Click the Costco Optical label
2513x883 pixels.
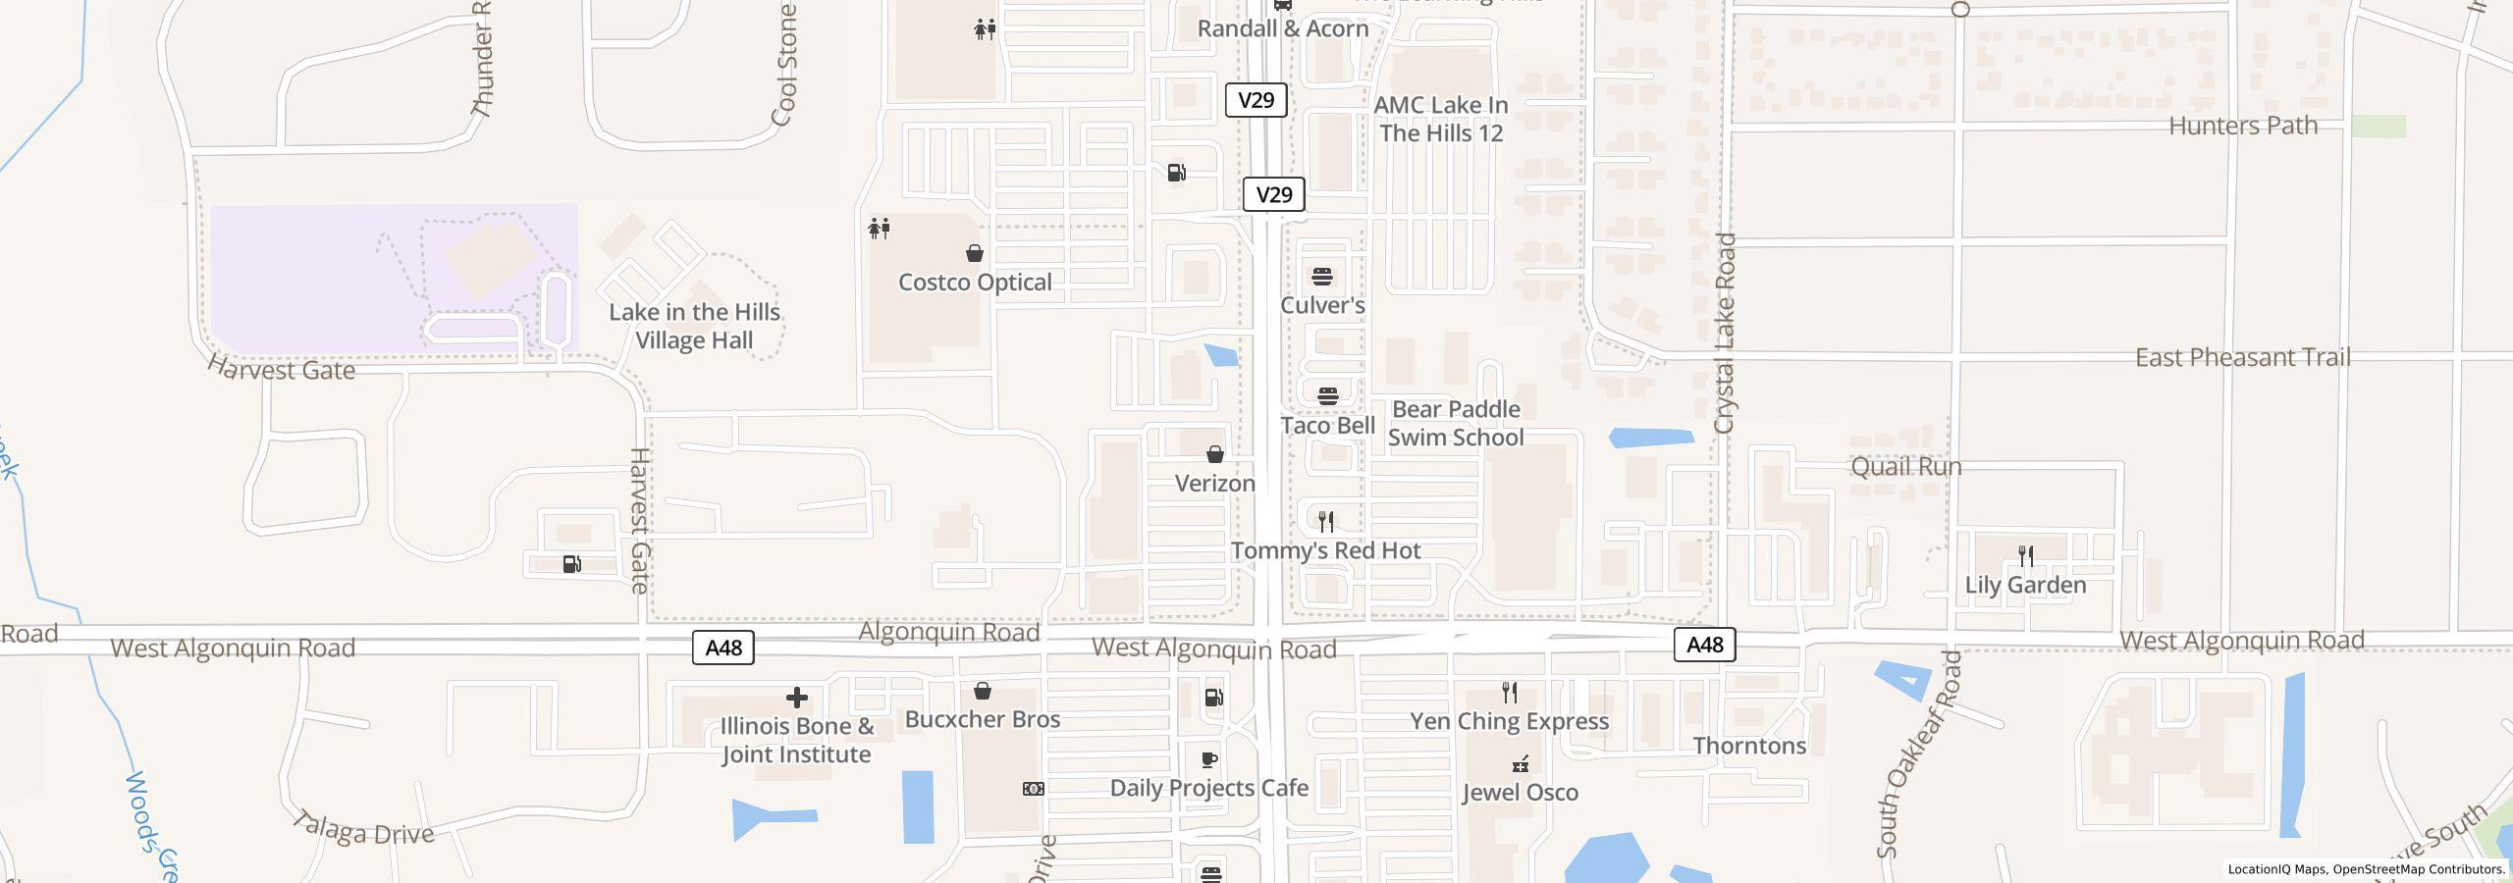(975, 283)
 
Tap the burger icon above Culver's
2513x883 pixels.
(1322, 277)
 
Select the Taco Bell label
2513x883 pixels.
(1327, 426)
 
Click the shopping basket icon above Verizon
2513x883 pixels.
(1215, 454)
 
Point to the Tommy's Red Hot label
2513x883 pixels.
(1325, 551)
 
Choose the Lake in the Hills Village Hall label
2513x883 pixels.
(694, 327)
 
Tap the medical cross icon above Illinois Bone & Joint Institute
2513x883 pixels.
(797, 698)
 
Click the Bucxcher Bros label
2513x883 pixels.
(982, 720)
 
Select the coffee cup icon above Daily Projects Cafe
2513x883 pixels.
(1209, 760)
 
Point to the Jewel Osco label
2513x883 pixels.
(1520, 793)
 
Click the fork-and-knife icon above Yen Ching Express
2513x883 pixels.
(1510, 693)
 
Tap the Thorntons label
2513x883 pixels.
(1749, 747)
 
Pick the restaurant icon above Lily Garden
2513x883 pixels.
(2025, 555)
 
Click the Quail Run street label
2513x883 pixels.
(1905, 467)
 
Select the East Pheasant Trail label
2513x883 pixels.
(2242, 358)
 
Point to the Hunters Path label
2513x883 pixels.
(2242, 127)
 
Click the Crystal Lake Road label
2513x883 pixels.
(1725, 334)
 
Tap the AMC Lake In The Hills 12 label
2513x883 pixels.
(1441, 119)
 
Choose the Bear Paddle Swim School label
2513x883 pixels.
(1456, 424)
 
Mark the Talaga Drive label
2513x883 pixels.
(363, 830)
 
